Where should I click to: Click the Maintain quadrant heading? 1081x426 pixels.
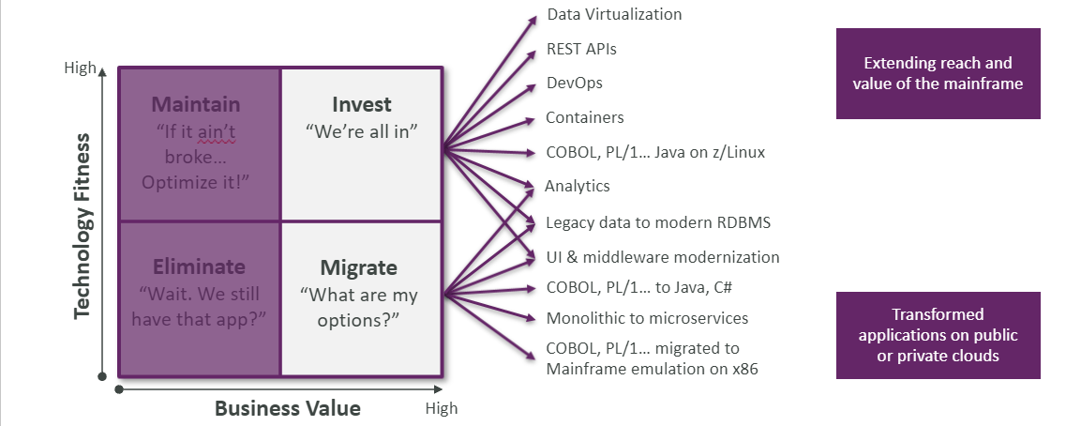196,104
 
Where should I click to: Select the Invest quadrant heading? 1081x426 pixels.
361,104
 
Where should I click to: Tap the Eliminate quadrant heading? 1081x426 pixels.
198,266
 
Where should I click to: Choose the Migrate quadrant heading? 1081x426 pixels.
358,267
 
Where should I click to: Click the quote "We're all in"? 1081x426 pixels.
361,132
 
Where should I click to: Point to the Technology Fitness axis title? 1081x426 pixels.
83,226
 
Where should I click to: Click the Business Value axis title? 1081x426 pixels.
287,408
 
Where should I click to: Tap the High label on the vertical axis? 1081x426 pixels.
79,68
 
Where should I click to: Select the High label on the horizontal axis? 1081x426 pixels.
442,408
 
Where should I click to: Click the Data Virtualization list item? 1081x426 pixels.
614,15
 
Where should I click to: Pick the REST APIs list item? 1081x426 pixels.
581,50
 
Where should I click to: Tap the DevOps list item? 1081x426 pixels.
574,83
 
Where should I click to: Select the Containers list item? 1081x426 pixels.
585,117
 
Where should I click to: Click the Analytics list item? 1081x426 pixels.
578,186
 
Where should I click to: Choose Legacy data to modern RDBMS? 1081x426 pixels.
658,222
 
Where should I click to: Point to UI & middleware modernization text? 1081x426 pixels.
663,257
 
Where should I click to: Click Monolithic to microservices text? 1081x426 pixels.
647,318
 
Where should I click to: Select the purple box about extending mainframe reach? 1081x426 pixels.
938,73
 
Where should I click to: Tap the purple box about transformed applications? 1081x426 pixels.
938,335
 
